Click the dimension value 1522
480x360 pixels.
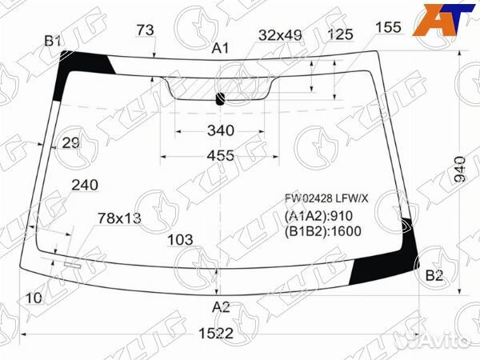point(216,333)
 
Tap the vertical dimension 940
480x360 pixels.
point(459,170)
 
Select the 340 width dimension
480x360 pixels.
point(221,130)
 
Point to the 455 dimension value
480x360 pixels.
point(221,155)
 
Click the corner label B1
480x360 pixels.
point(53,41)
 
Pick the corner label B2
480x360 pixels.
point(434,276)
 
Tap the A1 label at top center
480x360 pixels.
point(221,48)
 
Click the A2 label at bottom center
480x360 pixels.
point(221,306)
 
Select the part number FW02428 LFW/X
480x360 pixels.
point(326,198)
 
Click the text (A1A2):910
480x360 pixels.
point(318,216)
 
